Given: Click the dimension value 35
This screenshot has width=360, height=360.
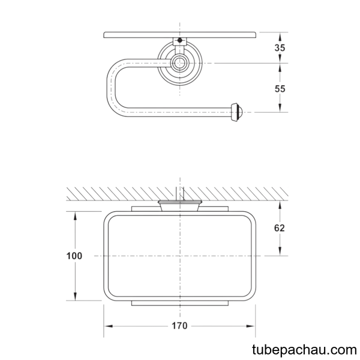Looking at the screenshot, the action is (280, 48).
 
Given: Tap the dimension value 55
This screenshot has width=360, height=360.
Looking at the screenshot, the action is (280, 89).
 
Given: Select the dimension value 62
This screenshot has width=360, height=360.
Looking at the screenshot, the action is (280, 228).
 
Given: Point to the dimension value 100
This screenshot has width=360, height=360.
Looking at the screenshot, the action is (74, 256).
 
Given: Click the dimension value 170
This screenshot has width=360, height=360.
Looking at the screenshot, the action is (179, 326).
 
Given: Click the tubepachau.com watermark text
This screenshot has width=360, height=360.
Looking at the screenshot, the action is (304, 350).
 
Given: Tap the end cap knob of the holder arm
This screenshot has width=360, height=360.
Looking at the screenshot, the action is (236, 112).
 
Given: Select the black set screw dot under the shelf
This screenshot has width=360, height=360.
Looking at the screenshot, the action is (180, 40).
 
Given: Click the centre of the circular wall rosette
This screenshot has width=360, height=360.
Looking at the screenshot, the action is (180, 63).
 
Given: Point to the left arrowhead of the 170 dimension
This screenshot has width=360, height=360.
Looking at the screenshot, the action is (108, 326).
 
